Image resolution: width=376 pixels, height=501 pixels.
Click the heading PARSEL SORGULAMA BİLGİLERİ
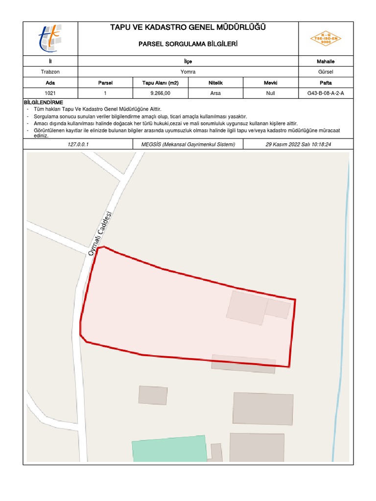(x=188, y=45)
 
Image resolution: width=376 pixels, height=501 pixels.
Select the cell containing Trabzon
(x=50, y=72)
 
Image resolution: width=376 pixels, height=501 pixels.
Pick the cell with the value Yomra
(x=188, y=72)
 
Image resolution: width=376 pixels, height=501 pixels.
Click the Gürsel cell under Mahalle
(x=326, y=72)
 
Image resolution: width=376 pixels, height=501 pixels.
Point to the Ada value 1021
(x=50, y=93)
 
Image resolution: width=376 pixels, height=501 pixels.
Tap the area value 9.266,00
(x=160, y=93)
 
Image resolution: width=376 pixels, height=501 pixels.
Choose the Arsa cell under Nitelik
(x=215, y=93)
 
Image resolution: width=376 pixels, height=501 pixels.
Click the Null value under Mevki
(x=271, y=93)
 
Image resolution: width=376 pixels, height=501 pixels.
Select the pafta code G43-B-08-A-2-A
(x=326, y=93)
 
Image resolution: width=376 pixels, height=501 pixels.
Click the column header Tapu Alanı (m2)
(x=160, y=83)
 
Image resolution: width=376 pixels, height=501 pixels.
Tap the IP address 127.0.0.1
(x=78, y=145)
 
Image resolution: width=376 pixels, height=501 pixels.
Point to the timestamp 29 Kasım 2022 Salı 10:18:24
(x=299, y=145)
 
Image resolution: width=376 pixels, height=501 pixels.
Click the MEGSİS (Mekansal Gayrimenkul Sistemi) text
(x=188, y=145)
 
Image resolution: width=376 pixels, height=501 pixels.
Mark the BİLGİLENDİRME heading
(x=44, y=102)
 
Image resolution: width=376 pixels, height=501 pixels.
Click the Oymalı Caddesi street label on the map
(x=100, y=233)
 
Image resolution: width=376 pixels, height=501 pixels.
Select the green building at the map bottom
(x=169, y=449)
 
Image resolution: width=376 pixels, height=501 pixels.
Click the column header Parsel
(x=105, y=83)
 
